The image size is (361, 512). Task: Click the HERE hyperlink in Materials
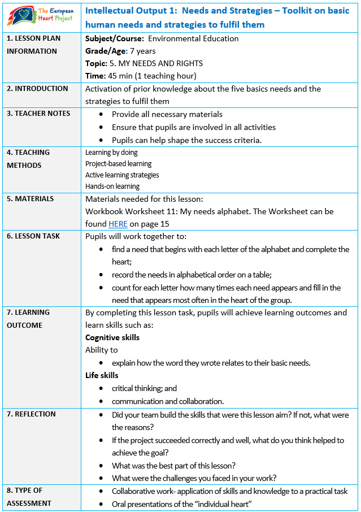pyautogui.click(x=118, y=224)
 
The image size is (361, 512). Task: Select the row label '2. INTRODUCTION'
pyautogui.click(x=37, y=88)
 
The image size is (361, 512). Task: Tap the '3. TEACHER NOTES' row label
pyautogui.click(x=38, y=113)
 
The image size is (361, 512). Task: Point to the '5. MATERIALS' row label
pyautogui.click(x=31, y=198)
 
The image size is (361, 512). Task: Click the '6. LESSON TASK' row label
pyautogui.click(x=33, y=236)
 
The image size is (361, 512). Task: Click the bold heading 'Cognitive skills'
pyautogui.click(x=112, y=337)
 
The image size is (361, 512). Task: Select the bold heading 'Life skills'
pyautogui.click(x=102, y=375)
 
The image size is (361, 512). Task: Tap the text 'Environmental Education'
pyautogui.click(x=193, y=38)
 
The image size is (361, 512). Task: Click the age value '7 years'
pyautogui.click(x=143, y=51)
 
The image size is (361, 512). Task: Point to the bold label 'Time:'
pyautogui.click(x=95, y=76)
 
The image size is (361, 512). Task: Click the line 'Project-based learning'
pyautogui.click(x=118, y=163)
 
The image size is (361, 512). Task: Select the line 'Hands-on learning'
pyautogui.click(x=112, y=186)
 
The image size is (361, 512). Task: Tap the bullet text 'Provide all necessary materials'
pyautogui.click(x=167, y=114)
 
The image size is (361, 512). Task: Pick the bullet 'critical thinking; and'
pyautogui.click(x=144, y=388)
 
